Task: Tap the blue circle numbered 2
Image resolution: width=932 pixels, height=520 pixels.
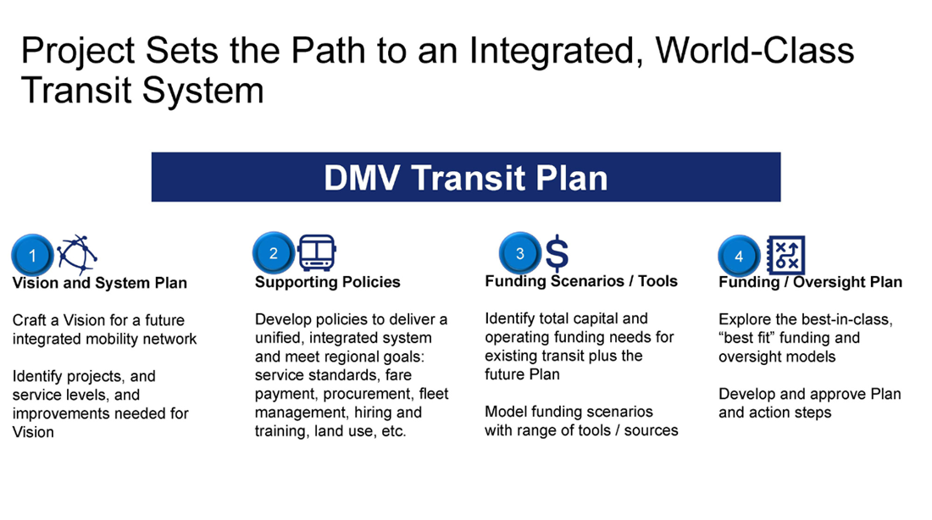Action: click(274, 253)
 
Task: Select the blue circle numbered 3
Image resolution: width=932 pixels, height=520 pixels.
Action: click(520, 253)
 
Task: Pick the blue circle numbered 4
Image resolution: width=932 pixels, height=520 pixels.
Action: click(739, 256)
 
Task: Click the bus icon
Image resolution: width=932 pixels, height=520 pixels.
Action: click(317, 253)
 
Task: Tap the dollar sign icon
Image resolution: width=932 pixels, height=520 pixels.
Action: click(557, 253)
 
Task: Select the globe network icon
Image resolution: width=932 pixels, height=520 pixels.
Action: click(77, 253)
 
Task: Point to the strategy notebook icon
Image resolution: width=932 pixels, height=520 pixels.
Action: click(785, 255)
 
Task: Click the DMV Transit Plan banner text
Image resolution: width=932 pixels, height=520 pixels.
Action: click(465, 178)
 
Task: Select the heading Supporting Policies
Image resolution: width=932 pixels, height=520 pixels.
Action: click(327, 282)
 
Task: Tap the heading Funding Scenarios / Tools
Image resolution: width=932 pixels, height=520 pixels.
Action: click(580, 281)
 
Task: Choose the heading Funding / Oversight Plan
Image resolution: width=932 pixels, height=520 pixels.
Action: click(810, 282)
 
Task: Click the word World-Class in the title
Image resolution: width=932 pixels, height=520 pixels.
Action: click(755, 51)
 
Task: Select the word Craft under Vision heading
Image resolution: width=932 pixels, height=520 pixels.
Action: click(31, 320)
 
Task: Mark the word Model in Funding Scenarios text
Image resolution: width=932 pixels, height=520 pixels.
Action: click(507, 412)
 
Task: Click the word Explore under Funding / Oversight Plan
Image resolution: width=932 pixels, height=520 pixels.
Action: click(747, 319)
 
